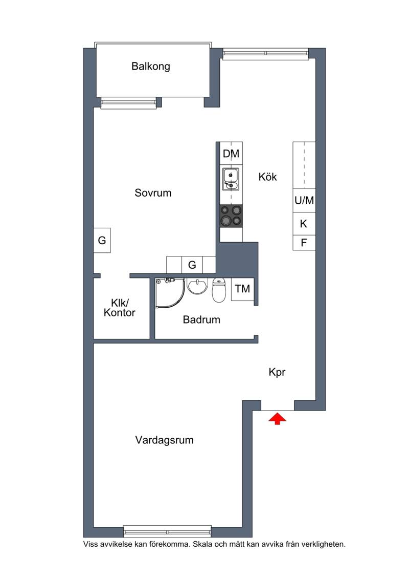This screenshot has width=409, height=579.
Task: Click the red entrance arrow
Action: (277, 419)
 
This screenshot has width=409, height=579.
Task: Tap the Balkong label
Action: (151, 67)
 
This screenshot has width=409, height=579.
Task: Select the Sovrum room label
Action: (153, 193)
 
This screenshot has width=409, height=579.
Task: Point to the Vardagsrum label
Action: (164, 440)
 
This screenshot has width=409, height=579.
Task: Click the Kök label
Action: (267, 177)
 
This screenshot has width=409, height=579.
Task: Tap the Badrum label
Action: (201, 320)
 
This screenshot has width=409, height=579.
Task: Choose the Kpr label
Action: (277, 373)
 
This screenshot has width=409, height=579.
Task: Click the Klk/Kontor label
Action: (120, 308)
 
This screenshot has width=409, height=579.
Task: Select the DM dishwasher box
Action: (231, 154)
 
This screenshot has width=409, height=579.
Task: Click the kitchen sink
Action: (231, 179)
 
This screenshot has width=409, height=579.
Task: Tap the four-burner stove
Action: (231, 216)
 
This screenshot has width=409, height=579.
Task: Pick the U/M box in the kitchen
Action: (304, 201)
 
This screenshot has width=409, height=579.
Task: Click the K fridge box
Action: (304, 224)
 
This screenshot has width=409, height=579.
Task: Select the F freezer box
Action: (304, 243)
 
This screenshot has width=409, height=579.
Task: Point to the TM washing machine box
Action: (242, 289)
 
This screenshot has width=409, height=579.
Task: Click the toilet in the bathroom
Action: (219, 290)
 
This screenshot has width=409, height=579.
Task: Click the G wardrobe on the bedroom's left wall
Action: (102, 240)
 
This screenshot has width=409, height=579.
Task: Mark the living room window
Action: (167, 530)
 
